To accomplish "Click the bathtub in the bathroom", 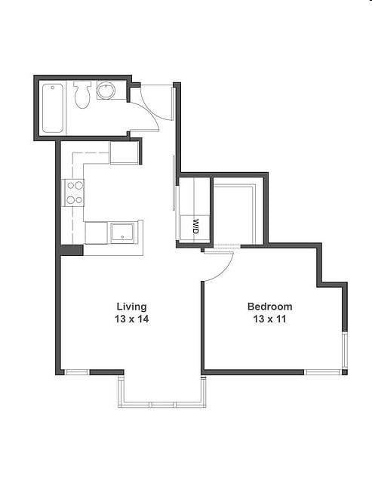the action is tap(53, 108).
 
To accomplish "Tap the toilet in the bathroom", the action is tap(82, 95).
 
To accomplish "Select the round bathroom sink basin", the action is tap(106, 90).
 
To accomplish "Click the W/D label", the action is tap(196, 227).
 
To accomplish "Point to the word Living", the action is tap(132, 307).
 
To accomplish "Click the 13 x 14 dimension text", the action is tap(132, 319).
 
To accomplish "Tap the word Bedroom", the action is tap(269, 307).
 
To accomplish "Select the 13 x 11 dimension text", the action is tap(269, 319).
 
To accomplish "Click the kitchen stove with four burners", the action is tap(73, 193).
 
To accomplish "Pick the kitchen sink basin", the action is tap(122, 232).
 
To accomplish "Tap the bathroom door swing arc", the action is tap(149, 113).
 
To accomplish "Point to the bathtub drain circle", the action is tap(53, 88).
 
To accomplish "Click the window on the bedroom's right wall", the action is tap(345, 350).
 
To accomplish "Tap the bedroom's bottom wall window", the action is tap(323, 372).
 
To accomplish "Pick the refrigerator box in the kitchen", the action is tap(125, 153).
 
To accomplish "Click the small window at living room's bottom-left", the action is tap(77, 372).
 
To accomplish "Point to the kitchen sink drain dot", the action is tap(122, 237).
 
